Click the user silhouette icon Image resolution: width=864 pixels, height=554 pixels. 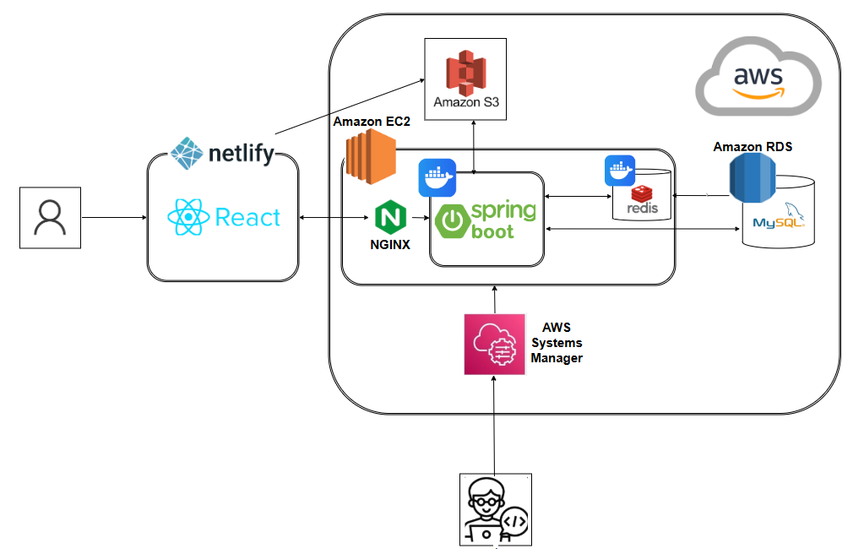(x=50, y=218)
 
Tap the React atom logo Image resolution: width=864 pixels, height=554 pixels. (x=188, y=217)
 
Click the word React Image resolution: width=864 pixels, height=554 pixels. (x=247, y=217)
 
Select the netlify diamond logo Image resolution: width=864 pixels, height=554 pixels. (x=187, y=153)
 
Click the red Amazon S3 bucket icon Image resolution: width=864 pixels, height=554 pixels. (x=465, y=73)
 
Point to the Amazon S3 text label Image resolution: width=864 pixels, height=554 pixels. (x=466, y=102)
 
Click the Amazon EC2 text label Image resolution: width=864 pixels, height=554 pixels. (x=372, y=122)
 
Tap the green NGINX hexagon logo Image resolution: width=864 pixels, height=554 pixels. (x=391, y=217)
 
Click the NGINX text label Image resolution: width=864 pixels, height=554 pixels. (x=390, y=245)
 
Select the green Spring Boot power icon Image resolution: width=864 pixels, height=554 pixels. (x=453, y=221)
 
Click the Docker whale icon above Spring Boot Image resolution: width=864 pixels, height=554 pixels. (x=437, y=177)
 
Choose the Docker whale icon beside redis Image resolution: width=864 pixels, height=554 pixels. (x=620, y=171)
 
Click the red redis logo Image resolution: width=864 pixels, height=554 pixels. (x=642, y=193)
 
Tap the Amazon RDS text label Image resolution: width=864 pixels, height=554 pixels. (x=753, y=147)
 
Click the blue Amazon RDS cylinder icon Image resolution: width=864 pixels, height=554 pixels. (x=753, y=178)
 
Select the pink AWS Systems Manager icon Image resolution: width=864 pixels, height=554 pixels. (x=495, y=345)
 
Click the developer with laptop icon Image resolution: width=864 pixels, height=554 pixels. (x=496, y=509)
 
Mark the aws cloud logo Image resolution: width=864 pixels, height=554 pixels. (x=758, y=76)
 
